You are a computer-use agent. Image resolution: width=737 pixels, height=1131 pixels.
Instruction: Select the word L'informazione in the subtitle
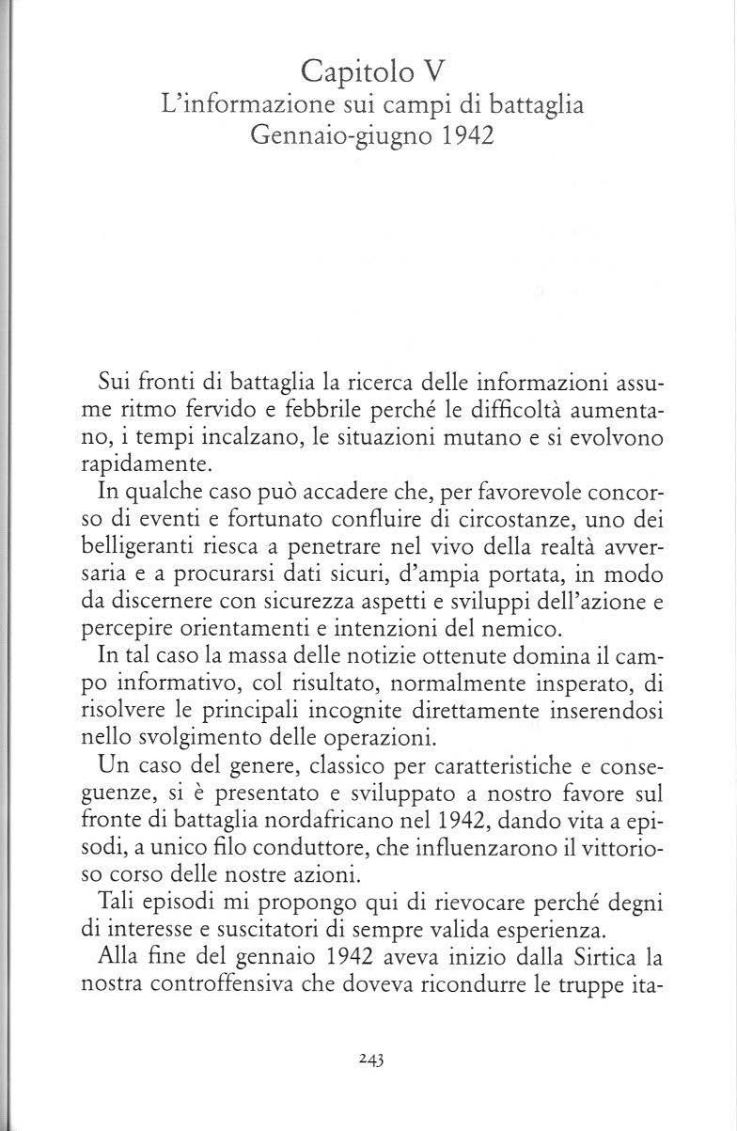tap(236, 106)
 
